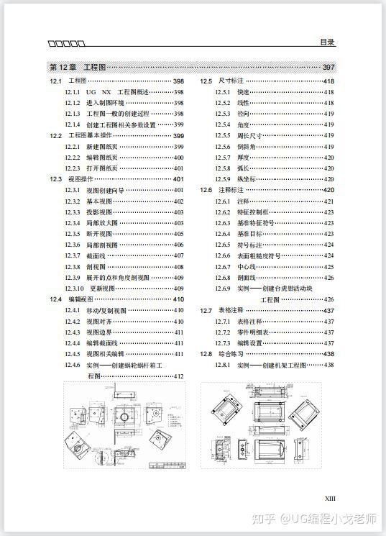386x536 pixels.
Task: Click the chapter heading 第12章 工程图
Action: (77, 67)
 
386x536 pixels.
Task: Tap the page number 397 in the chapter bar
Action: (328, 67)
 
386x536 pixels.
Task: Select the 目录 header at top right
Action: (327, 42)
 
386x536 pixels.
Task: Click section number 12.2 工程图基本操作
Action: (56, 135)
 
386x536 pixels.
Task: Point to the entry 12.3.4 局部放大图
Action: (101, 223)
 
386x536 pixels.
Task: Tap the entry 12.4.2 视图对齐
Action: (101, 321)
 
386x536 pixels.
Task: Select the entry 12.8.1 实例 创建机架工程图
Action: (270, 365)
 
